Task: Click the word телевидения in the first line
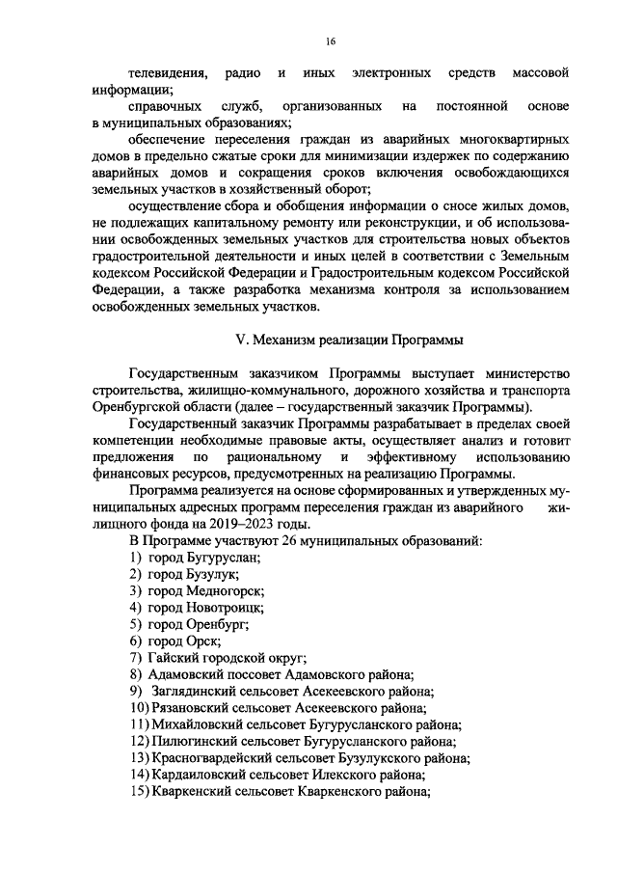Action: [167, 74]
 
